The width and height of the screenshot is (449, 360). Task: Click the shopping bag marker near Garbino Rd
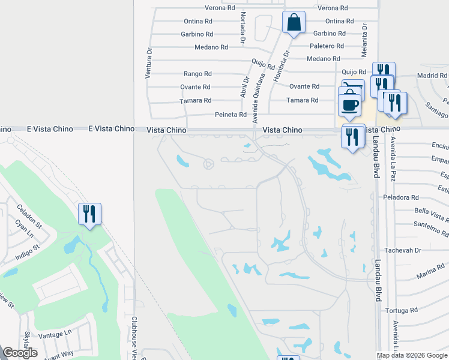tap(294, 23)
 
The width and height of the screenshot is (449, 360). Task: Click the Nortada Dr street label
tap(243, 28)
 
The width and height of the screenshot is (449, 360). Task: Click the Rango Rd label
tap(197, 74)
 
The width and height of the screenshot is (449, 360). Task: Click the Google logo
tap(20, 353)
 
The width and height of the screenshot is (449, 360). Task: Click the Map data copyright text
tap(412, 355)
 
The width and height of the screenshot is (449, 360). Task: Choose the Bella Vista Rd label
tap(431, 211)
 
